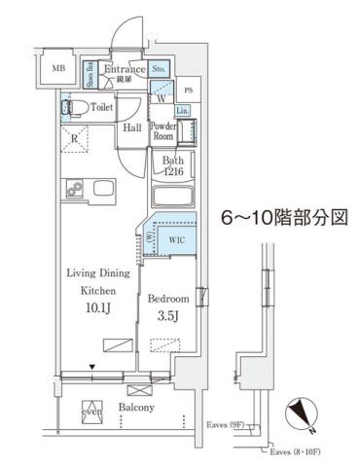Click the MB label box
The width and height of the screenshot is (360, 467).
pos(58,69)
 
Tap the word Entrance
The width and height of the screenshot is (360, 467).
pos(125,69)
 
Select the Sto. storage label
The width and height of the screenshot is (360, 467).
pos(161,69)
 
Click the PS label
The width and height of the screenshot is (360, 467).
pos(189,90)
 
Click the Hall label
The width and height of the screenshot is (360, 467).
pos(132,127)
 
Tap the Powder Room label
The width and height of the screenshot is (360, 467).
pos(162,131)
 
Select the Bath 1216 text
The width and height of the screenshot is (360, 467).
pos(173,165)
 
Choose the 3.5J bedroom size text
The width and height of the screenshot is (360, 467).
pos(168,316)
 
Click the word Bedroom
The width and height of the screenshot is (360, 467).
pos(168,299)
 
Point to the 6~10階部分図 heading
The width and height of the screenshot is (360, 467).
pos(283,216)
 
